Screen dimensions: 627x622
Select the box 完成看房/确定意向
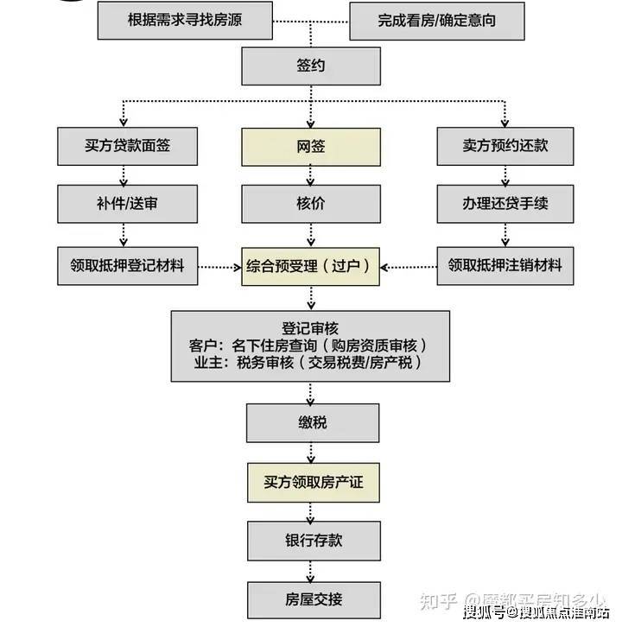click(436, 20)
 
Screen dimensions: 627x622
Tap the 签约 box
click(310, 66)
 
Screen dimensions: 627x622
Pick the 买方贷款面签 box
click(128, 146)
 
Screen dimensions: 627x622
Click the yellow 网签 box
click(310, 146)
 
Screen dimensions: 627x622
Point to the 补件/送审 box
click(128, 205)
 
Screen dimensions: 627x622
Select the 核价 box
click(310, 205)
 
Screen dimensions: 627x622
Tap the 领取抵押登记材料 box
click(128, 265)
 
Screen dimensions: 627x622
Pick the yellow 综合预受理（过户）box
click(310, 265)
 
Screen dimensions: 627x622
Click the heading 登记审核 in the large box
click(310, 328)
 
